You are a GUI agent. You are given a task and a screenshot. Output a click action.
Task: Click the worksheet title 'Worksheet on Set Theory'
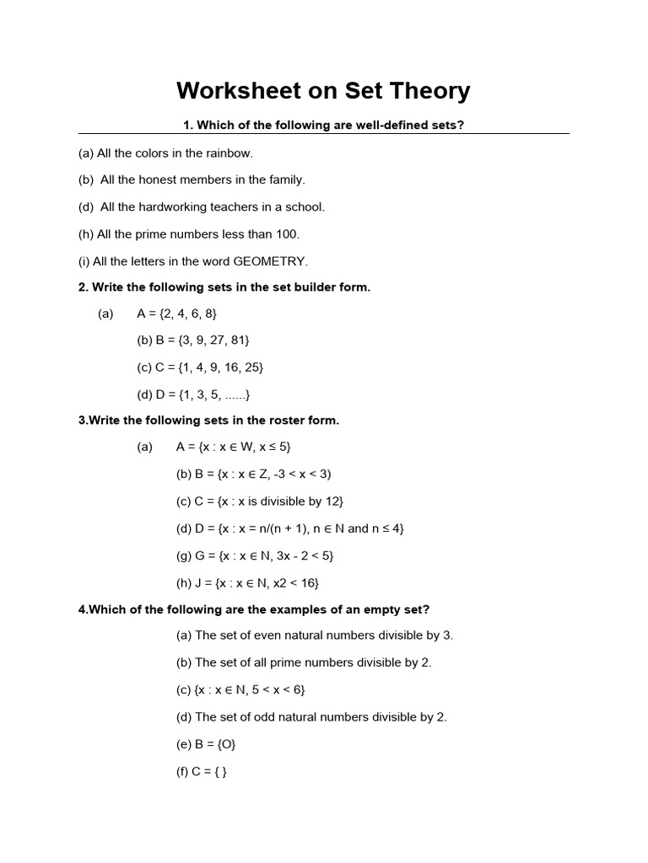323,91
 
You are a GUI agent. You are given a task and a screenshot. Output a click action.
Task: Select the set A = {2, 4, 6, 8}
176,314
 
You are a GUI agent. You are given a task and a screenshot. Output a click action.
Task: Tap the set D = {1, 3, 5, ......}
193,394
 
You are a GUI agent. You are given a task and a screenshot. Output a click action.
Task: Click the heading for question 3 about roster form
208,421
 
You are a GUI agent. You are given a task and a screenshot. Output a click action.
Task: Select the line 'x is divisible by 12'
282,501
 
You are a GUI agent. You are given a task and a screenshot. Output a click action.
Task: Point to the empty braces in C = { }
221,771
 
